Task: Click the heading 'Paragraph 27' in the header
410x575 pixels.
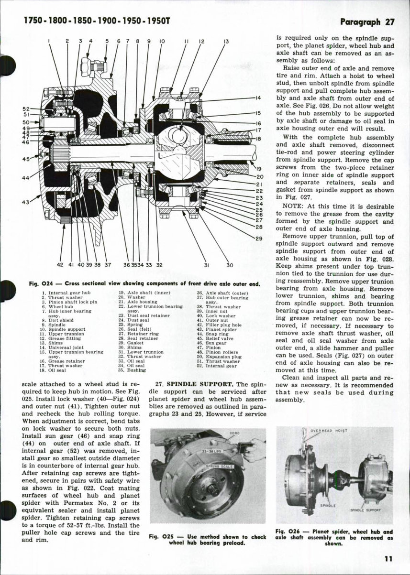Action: coord(367,22)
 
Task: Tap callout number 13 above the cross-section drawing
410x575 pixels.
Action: coord(225,42)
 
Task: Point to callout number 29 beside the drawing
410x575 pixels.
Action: coord(259,238)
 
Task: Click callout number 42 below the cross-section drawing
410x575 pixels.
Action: coord(60,264)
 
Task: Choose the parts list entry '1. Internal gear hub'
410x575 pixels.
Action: coord(64,292)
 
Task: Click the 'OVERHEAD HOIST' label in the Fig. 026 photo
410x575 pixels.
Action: coord(328,430)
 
